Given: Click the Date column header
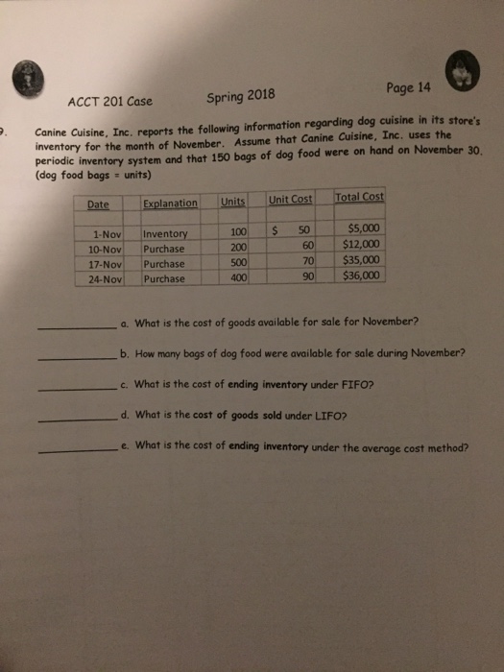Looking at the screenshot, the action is (x=98, y=204).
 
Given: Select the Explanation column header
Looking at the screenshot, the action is (x=169, y=203).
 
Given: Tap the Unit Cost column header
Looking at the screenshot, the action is (x=290, y=199).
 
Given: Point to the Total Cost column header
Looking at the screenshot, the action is (x=359, y=197).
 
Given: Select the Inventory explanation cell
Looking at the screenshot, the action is (x=167, y=233).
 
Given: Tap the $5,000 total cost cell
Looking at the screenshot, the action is (x=366, y=228).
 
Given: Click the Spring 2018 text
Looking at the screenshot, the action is (x=241, y=95).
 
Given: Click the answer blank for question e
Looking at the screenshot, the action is (x=79, y=452).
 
